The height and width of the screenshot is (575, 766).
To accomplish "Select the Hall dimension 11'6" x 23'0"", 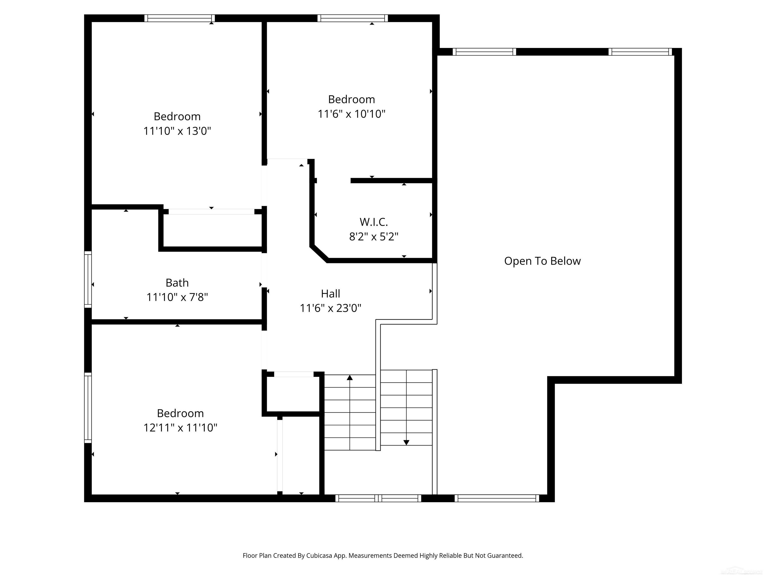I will click(330, 308).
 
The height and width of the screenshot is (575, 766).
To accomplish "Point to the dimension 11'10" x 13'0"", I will click(177, 131).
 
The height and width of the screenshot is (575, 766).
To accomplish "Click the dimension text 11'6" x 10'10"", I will click(352, 114).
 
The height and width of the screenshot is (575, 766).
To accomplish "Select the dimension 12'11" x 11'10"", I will click(180, 428).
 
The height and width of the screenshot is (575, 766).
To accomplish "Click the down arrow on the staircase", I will click(406, 442).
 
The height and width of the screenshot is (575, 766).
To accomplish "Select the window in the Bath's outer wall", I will click(88, 279).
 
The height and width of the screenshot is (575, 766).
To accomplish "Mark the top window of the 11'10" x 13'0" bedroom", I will click(179, 18).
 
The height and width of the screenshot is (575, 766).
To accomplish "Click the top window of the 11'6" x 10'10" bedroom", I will click(353, 18).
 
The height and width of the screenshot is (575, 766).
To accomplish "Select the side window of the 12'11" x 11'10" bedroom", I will click(88, 408).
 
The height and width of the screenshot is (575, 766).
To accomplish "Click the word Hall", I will click(330, 293).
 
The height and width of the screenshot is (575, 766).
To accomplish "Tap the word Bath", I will click(177, 283).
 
